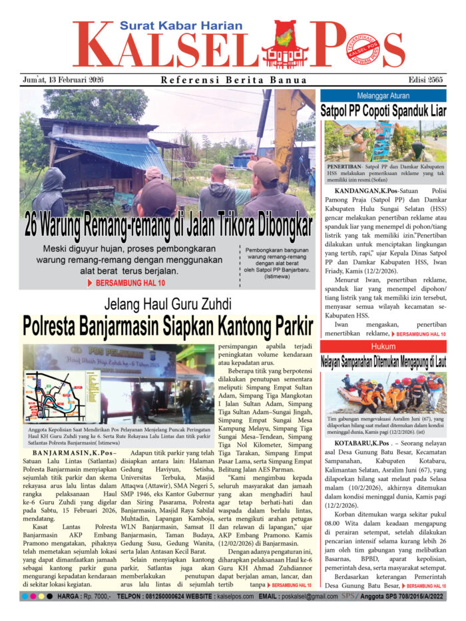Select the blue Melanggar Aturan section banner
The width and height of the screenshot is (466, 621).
point(383,96)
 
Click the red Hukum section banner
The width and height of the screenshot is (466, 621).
point(383,346)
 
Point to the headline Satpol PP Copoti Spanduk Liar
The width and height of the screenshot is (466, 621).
point(383,110)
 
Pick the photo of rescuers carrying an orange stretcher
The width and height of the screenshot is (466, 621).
point(383,393)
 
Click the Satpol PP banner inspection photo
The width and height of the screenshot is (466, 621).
point(383,141)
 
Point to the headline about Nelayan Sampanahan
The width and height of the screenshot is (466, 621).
point(383,362)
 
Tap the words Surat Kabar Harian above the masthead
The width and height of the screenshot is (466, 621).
point(163,26)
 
